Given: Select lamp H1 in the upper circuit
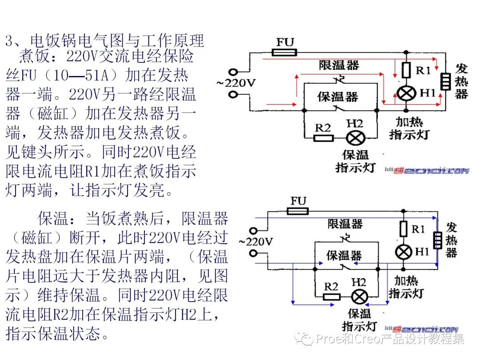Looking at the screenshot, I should pyautogui.click(x=406, y=93).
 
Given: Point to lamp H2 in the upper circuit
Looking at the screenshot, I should pyautogui.click(x=355, y=138).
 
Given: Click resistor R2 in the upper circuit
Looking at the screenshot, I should pyautogui.click(x=324, y=138).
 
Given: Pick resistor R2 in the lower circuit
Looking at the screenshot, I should pyautogui.click(x=331, y=296).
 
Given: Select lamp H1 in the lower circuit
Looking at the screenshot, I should pyautogui.click(x=404, y=252).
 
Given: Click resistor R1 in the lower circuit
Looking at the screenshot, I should pyautogui.click(x=404, y=229).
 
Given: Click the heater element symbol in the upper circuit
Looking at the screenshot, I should pyautogui.click(x=444, y=81).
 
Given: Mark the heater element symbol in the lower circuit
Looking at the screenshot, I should pyautogui.click(x=438, y=240).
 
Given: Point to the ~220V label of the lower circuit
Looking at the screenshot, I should pyautogui.click(x=255, y=242).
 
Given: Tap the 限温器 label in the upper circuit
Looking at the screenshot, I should pyautogui.click(x=339, y=65).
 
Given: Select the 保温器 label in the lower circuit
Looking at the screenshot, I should pyautogui.click(x=344, y=256).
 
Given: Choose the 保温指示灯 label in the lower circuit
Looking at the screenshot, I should pyautogui.click(x=359, y=320).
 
